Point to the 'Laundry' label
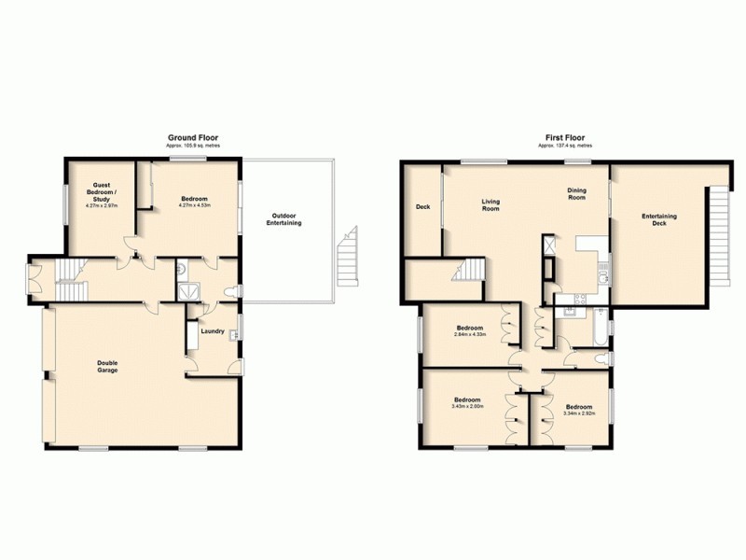click(212, 329)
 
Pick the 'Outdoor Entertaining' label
click(283, 218)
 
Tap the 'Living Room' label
click(490, 204)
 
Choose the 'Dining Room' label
click(577, 194)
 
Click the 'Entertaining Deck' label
click(659, 219)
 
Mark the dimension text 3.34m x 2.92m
click(577, 413)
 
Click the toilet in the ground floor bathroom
click(230, 291)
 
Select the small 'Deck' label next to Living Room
click(422, 207)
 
